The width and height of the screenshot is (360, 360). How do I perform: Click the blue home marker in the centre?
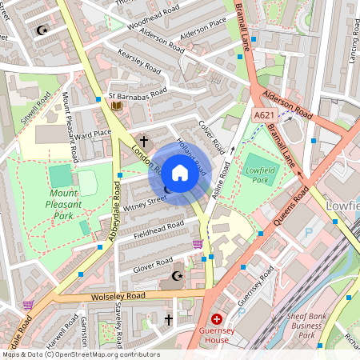point(180,173)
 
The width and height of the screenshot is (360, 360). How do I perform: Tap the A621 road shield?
point(265,117)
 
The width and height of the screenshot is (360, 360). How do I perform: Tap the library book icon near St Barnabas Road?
point(117,105)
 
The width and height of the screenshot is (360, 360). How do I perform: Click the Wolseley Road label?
point(119,296)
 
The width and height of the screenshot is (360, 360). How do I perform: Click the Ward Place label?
point(92,134)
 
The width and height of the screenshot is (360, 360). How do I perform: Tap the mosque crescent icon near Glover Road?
point(177,277)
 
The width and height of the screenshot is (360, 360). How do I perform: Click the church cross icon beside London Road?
point(144,139)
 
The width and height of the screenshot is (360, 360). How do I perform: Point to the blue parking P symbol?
point(309,232)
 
